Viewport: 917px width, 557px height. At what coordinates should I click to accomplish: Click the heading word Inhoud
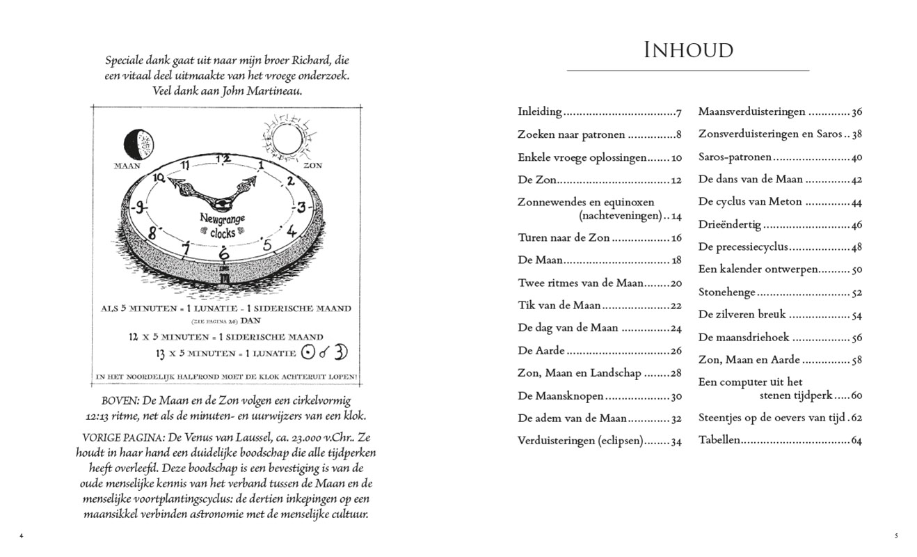tap(688, 51)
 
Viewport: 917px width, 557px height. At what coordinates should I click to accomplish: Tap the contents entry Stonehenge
tap(726, 292)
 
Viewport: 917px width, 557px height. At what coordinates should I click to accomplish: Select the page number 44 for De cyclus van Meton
tap(856, 202)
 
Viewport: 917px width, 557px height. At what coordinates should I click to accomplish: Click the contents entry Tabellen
tap(719, 440)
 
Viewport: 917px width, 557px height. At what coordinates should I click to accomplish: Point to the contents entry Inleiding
tap(539, 111)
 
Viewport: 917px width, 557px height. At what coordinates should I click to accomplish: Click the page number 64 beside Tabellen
tap(856, 441)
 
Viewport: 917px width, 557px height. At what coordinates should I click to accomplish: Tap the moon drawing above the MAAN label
tap(138, 144)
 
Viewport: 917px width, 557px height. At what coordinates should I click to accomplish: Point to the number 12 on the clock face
tap(222, 159)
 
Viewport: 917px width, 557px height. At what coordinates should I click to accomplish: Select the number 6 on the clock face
tap(223, 252)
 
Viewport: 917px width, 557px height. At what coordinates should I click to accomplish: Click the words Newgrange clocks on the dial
tap(223, 226)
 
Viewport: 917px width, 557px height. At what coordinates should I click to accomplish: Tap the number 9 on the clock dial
tap(141, 207)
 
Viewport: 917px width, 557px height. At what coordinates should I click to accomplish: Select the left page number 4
tap(21, 535)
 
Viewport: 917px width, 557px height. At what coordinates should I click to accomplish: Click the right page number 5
tap(896, 535)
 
